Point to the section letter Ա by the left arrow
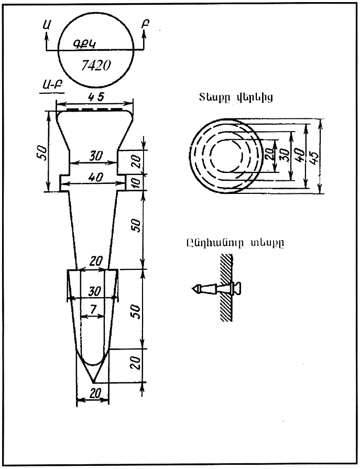pos(48,24)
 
